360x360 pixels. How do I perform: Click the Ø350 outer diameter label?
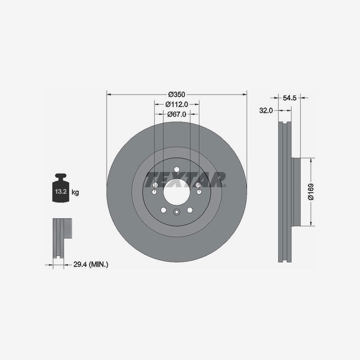pyautogui.click(x=176, y=94)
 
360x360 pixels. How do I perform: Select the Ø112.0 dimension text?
pyautogui.click(x=176, y=104)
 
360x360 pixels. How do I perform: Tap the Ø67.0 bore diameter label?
pyautogui.click(x=176, y=114)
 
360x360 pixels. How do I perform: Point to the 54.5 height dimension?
pyautogui.click(x=289, y=98)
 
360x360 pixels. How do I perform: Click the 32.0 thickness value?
pyautogui.click(x=266, y=110)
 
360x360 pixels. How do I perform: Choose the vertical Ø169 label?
pyautogui.click(x=310, y=192)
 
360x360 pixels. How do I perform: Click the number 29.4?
pyautogui.click(x=80, y=265)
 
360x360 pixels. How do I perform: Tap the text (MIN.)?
pyautogui.click(x=98, y=265)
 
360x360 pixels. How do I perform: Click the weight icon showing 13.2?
pyautogui.click(x=61, y=188)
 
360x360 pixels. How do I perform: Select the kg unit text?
pyautogui.click(x=75, y=192)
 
